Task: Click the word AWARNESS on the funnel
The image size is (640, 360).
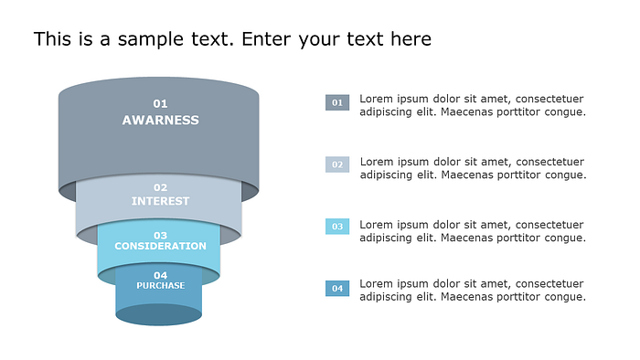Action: (160, 121)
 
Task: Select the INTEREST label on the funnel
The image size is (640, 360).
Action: (160, 201)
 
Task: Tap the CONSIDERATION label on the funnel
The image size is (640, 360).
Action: (160, 246)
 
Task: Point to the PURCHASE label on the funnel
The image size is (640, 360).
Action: (160, 285)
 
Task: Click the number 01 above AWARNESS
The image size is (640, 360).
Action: (160, 103)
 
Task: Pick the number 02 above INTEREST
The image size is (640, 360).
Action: (160, 187)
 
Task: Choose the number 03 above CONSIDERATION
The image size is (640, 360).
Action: (160, 235)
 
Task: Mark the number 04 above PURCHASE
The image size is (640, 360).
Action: (160, 275)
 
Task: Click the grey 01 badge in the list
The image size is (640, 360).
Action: (337, 102)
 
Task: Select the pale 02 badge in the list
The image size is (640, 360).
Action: (337, 164)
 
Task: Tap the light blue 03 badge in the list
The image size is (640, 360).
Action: (337, 227)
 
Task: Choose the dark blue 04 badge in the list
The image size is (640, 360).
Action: (337, 288)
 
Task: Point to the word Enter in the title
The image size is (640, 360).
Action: (266, 39)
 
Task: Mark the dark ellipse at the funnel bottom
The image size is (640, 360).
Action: (159, 314)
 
